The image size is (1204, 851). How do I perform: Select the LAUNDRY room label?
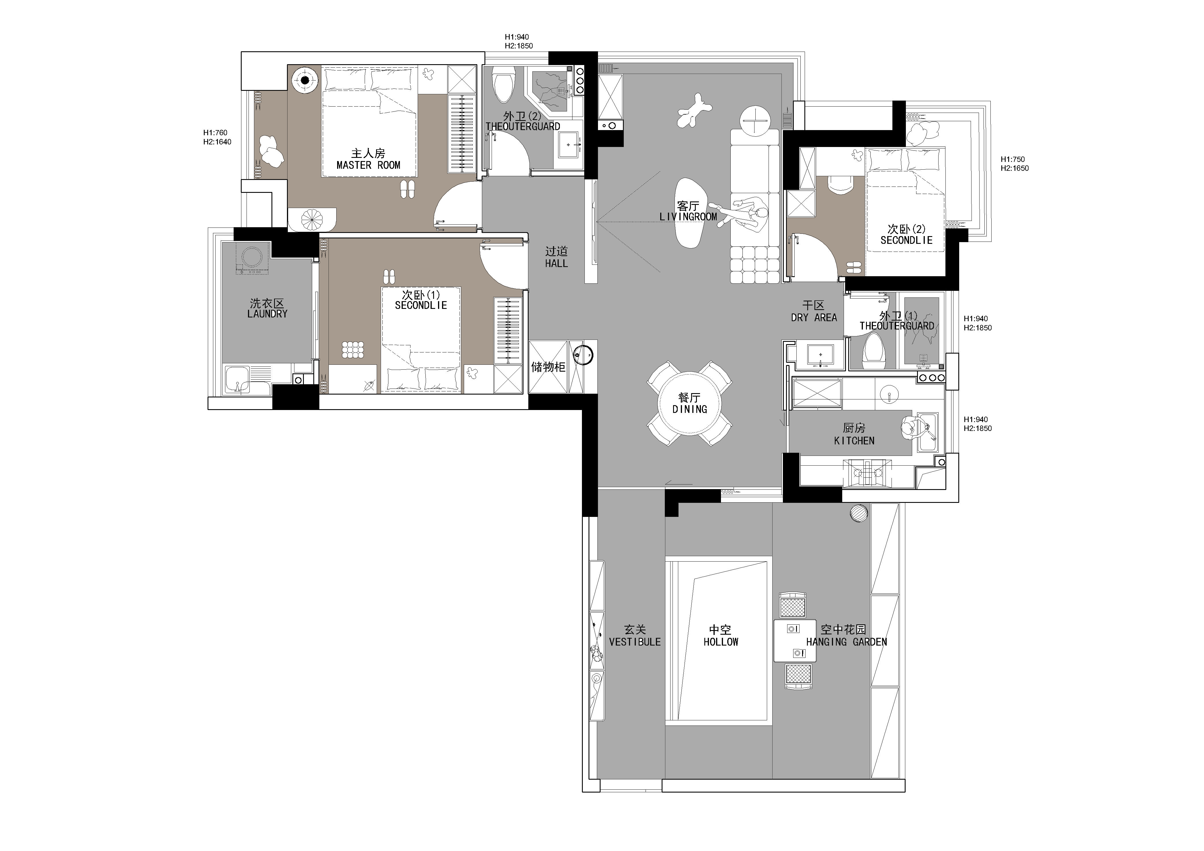[x=267, y=314]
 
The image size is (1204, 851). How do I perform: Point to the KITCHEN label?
[x=854, y=441]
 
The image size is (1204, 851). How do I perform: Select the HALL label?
[x=556, y=264]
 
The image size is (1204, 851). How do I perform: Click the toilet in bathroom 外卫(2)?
[x=503, y=87]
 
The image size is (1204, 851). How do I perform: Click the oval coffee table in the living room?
[x=689, y=213]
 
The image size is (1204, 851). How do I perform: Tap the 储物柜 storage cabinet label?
[x=548, y=367]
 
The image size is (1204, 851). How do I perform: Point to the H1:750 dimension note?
[x=1012, y=159]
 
